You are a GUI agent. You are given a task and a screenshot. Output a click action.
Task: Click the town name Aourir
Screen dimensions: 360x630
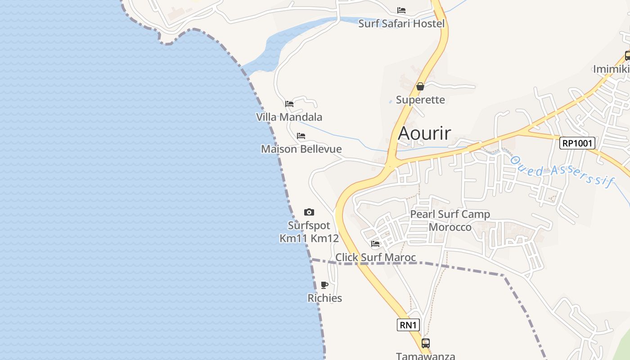click(x=424, y=133)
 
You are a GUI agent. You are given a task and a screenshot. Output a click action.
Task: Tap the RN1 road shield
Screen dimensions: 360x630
click(x=408, y=325)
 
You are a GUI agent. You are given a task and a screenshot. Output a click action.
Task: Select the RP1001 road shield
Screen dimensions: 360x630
click(x=578, y=144)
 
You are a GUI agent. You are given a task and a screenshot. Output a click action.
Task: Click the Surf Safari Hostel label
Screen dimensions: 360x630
click(x=401, y=24)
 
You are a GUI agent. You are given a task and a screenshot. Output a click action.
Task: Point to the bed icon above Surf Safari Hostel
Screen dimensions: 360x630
click(x=401, y=10)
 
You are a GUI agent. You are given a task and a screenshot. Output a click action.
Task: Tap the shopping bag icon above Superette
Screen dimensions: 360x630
click(x=420, y=86)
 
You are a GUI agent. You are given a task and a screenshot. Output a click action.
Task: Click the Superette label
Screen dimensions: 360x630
click(x=420, y=100)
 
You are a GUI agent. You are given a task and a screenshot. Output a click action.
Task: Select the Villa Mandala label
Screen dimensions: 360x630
click(x=289, y=117)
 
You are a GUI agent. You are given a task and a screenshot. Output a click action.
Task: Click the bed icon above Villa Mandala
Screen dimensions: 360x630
click(x=289, y=104)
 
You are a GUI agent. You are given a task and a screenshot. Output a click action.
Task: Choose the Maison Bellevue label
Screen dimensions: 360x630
click(x=301, y=149)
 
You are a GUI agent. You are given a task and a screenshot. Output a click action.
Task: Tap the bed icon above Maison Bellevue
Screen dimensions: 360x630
click(x=301, y=136)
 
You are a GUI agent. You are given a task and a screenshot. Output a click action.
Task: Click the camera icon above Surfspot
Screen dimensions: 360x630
click(x=309, y=212)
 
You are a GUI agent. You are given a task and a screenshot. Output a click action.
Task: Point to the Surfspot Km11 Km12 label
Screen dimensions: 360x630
click(x=309, y=232)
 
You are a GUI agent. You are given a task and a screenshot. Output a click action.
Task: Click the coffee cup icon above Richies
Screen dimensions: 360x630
click(x=324, y=285)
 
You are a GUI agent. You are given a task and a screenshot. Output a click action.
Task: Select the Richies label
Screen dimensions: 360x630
click(x=325, y=298)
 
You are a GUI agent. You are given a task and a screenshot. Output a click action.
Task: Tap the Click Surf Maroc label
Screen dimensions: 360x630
click(x=376, y=257)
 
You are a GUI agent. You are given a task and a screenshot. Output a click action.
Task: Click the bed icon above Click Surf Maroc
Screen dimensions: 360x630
click(x=375, y=244)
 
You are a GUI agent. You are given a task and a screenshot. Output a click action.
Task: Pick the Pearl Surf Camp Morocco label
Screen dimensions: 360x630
click(x=450, y=220)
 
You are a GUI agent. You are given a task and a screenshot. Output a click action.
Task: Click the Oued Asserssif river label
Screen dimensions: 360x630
click(x=562, y=171)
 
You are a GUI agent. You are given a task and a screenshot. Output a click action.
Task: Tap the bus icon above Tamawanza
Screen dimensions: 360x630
click(x=426, y=343)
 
